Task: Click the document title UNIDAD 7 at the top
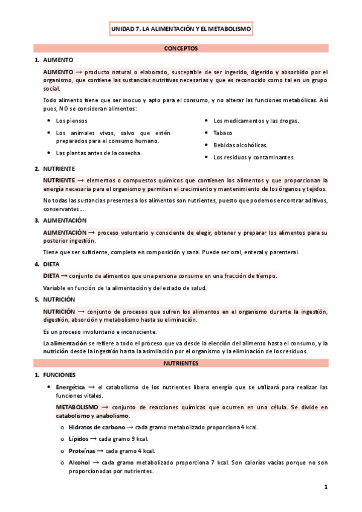point(181,28)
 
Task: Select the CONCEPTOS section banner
point(181,48)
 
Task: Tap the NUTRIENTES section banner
point(181,363)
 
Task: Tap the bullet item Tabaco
point(223,133)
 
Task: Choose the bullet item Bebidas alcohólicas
point(240,145)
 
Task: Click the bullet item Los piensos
point(71,121)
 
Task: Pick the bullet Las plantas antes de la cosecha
point(99,153)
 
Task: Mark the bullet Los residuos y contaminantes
point(254,158)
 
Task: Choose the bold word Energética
point(71,387)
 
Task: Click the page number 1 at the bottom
point(325,487)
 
